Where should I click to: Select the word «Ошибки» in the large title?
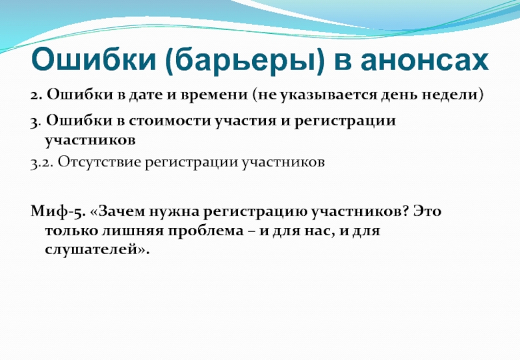[x=94, y=60]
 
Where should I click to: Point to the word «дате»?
[x=146, y=96]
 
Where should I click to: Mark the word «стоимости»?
[x=170, y=121]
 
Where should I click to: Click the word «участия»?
[x=246, y=122]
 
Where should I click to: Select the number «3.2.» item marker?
[x=42, y=163]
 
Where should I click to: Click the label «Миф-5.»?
[x=58, y=212]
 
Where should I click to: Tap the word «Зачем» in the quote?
[x=118, y=211]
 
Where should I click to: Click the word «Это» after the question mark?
[x=427, y=211]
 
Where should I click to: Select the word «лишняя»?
[x=133, y=231]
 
